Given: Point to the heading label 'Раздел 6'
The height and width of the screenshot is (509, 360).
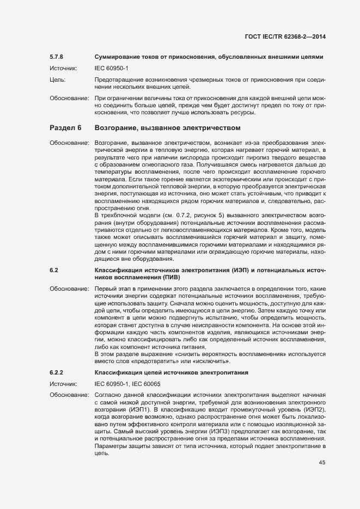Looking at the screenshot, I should (x=65, y=128).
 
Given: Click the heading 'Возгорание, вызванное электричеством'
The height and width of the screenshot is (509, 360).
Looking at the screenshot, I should (x=167, y=128).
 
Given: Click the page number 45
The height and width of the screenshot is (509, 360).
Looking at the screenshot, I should (x=322, y=463).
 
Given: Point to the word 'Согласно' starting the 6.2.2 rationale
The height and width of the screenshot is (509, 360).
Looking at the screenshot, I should (x=108, y=394).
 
